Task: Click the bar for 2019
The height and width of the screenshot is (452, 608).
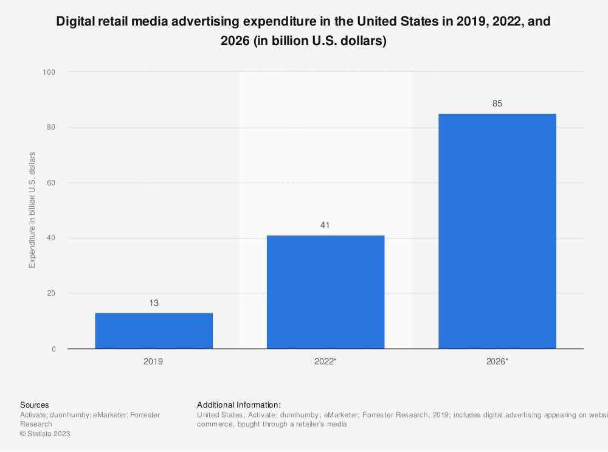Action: [154, 330]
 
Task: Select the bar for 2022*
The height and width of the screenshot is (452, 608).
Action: [325, 292]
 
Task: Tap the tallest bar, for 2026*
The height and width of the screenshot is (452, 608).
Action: [497, 231]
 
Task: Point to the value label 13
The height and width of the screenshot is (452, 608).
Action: [154, 303]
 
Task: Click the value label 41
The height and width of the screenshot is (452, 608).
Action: [325, 225]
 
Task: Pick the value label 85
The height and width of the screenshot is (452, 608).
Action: [497, 103]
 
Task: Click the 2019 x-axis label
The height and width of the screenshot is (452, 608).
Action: [153, 361]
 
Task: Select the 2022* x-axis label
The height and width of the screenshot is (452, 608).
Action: [325, 361]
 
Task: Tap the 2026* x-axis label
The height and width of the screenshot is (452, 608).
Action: [497, 361]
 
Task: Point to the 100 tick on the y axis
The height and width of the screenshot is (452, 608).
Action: [49, 72]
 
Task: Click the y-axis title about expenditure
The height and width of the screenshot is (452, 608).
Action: [32, 210]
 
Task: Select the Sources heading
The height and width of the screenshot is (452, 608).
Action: [35, 405]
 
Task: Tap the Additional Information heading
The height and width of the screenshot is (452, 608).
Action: [239, 405]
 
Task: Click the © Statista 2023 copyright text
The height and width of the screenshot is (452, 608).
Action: [45, 434]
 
